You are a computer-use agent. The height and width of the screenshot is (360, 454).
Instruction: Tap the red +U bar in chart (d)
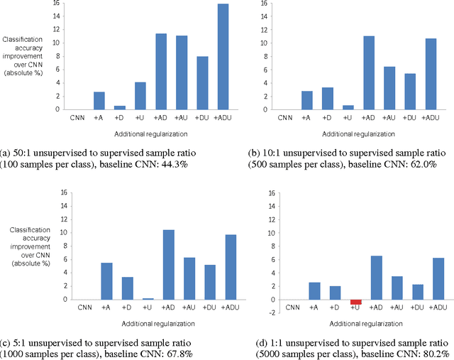(x=356, y=302)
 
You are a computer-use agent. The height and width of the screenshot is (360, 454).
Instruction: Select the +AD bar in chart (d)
(x=377, y=278)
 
